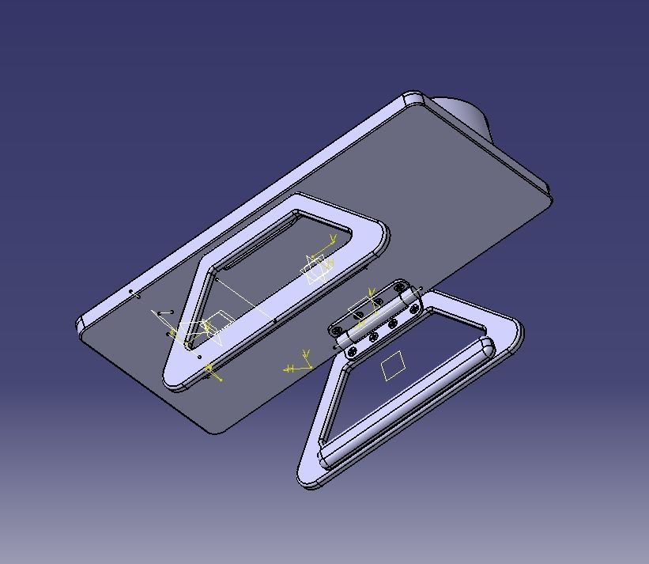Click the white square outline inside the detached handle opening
pos(393,366)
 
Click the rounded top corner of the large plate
pos(413,99)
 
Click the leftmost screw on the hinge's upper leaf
pos(338,329)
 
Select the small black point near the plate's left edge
pos(131,292)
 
